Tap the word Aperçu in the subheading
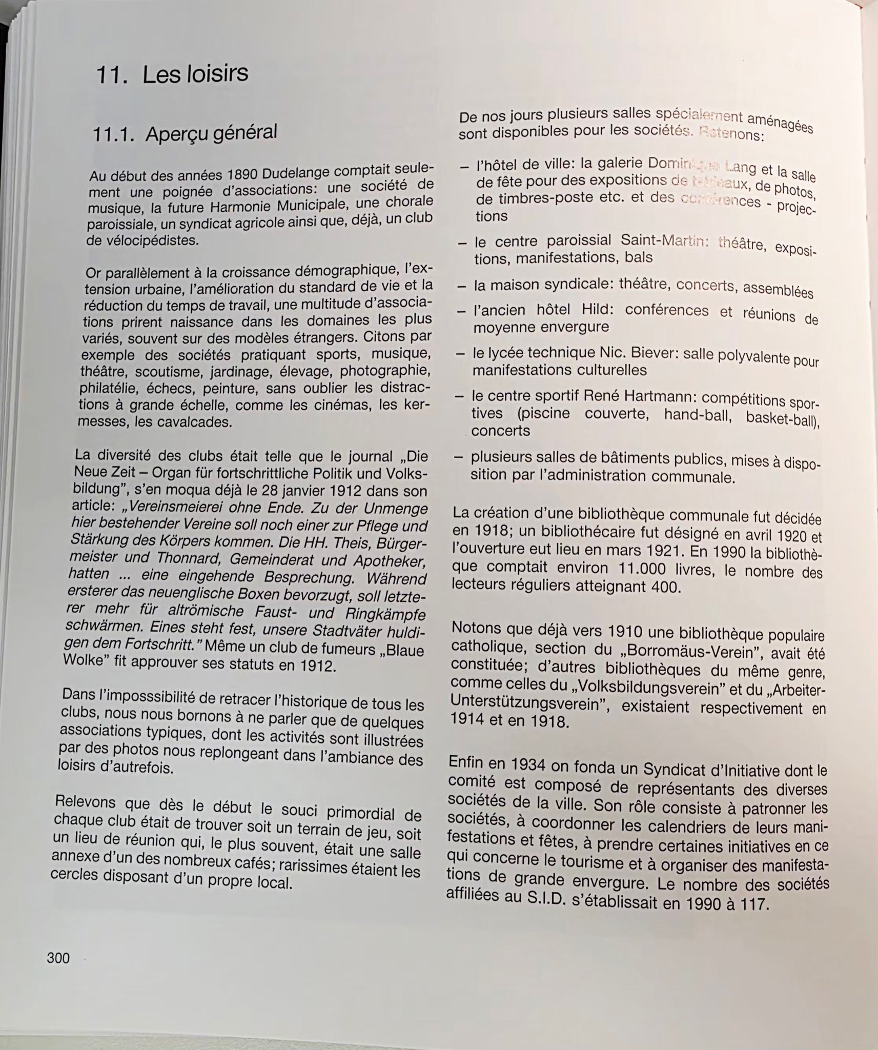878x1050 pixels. (178, 133)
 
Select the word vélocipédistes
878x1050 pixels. (142, 240)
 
